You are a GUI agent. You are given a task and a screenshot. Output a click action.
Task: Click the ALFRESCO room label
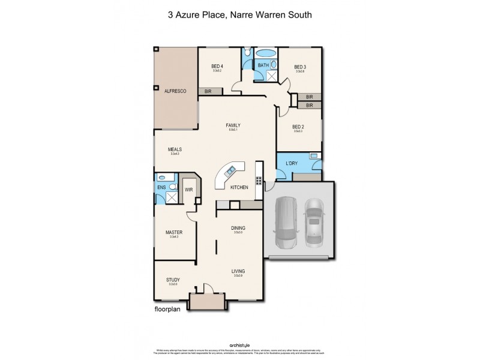[176, 91]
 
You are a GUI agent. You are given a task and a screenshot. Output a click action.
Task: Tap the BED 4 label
[217, 66]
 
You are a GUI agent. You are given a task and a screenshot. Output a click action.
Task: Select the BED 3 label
[300, 67]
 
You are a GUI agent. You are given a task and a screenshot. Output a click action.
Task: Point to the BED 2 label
[298, 127]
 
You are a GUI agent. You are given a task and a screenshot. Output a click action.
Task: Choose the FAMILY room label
[233, 125]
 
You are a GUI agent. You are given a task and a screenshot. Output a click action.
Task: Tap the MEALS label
[175, 149]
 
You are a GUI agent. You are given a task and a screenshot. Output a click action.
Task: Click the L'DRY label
[292, 163]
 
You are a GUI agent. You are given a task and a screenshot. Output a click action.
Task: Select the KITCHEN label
[239, 188]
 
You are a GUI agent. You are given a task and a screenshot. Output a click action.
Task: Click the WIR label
[188, 190]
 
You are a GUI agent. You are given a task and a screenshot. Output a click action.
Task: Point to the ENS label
[161, 188]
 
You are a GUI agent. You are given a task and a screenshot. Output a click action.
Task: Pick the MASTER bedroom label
[174, 232]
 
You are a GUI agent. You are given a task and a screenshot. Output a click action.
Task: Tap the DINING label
[238, 228]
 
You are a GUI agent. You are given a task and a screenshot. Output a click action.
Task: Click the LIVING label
[238, 271]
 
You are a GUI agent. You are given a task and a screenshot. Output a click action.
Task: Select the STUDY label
[173, 280]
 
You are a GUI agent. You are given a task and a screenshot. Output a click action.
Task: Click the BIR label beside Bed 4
[208, 91]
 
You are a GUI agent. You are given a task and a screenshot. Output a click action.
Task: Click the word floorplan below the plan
[169, 311]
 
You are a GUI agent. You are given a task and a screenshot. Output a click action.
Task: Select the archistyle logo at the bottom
[239, 344]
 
